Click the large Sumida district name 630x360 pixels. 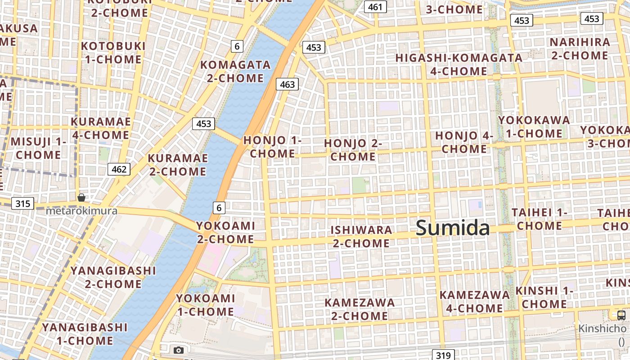tap(453, 228)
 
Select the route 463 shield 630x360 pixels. tap(287, 84)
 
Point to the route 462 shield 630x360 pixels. tap(119, 169)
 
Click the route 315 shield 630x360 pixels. tap(22, 203)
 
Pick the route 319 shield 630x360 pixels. tap(444, 355)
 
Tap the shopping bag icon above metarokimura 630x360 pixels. tap(81, 198)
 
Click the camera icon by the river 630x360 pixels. tap(179, 350)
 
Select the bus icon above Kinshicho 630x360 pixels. tap(621, 315)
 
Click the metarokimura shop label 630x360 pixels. tap(81, 211)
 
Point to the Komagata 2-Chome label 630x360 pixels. tap(235, 72)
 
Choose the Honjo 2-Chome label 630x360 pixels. tap(353, 150)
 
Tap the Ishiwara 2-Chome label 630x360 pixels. tap(361, 237)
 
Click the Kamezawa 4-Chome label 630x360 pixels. tap(475, 301)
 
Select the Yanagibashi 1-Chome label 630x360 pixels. tap(85, 334)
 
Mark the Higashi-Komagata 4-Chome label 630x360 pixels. tap(459, 64)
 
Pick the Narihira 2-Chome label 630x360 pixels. tap(580, 49)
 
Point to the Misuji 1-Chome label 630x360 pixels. tap(38, 148)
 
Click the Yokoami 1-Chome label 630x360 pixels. tap(205, 305)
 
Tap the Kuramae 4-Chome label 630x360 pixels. tap(101, 128)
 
